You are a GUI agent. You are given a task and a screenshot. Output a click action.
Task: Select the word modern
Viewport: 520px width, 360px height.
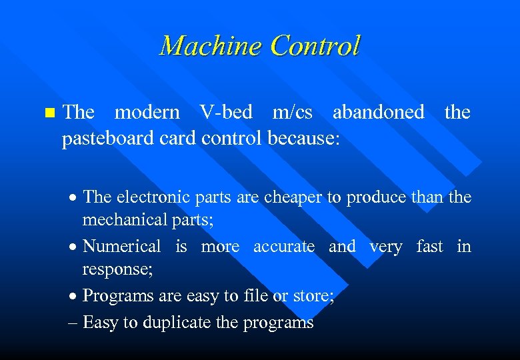pos(147,113)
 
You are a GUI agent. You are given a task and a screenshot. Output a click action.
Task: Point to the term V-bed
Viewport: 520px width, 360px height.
pos(226,113)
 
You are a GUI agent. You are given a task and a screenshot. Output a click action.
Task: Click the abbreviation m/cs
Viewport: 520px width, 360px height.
pos(293,113)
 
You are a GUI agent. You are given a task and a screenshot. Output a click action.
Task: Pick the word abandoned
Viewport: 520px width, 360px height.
pos(378,113)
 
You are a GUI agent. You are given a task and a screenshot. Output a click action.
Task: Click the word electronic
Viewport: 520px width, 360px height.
pos(156,197)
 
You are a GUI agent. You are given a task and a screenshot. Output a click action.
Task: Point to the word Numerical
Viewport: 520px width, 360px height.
pos(122,247)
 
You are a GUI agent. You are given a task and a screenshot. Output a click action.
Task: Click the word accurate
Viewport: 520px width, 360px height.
pos(284,247)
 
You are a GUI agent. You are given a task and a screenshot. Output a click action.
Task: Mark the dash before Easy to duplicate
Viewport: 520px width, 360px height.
pos(73,323)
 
